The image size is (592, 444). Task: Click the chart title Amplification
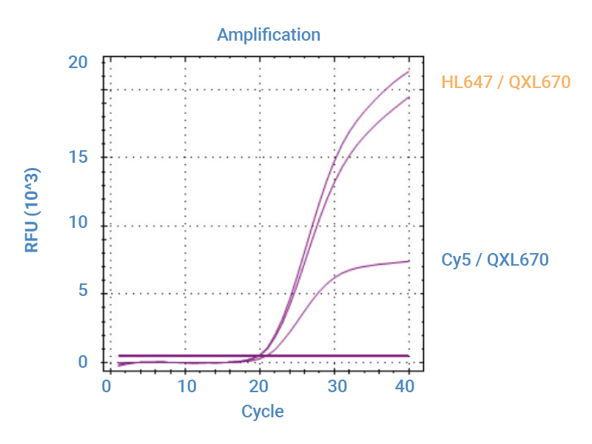(x=269, y=35)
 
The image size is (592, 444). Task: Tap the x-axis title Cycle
(x=262, y=411)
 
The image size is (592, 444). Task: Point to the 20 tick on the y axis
(x=78, y=63)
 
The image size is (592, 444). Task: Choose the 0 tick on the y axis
(x=83, y=362)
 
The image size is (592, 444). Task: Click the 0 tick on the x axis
(x=107, y=387)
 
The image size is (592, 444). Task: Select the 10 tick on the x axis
(x=186, y=387)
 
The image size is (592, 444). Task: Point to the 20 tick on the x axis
(x=259, y=387)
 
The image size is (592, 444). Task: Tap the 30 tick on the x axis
(x=334, y=387)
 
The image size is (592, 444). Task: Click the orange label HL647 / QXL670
(x=506, y=82)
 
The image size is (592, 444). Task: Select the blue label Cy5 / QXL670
(x=495, y=260)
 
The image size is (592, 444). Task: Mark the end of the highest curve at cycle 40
(x=409, y=71)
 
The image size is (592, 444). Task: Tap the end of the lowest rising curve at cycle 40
(x=409, y=260)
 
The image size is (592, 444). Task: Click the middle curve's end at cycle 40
(x=409, y=97)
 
